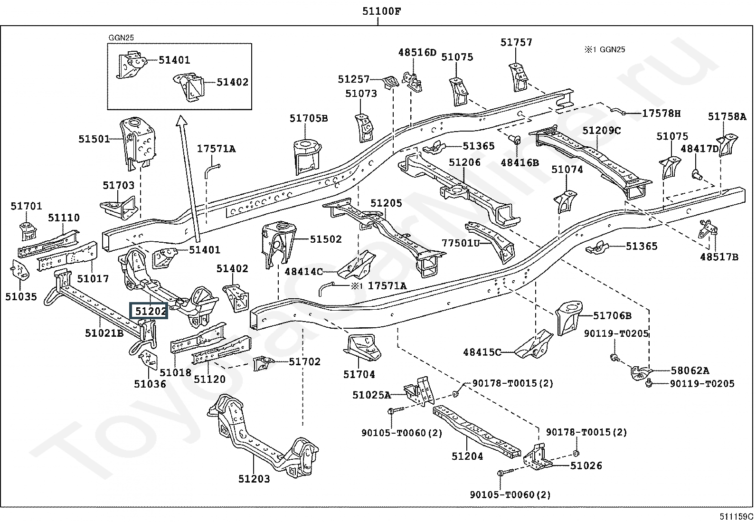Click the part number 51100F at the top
tap(382, 11)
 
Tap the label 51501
tap(94, 139)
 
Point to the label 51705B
tap(309, 118)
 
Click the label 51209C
tap(602, 130)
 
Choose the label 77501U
tap(461, 243)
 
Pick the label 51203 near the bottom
tap(254, 479)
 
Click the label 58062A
tap(690, 370)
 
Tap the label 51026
tap(586, 465)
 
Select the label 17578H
tap(661, 113)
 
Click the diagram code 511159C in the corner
tap(737, 517)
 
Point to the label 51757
tap(516, 42)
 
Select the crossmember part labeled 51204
tap(477, 431)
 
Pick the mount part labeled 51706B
tap(569, 317)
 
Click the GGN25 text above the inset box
tap(121, 38)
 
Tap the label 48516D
tap(417, 52)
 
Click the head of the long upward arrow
tap(182, 120)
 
